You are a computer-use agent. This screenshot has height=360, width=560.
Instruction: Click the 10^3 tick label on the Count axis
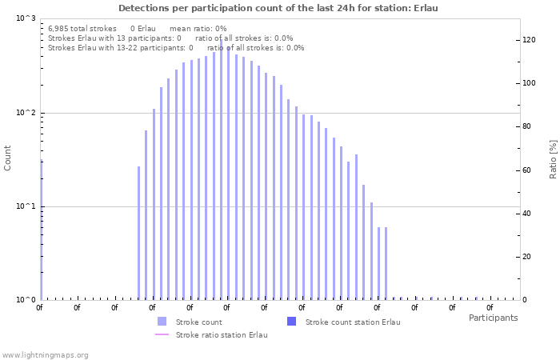[26, 18]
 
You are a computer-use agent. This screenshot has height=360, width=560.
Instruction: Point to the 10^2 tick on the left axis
[26, 113]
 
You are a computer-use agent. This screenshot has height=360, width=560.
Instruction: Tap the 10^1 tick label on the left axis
[26, 206]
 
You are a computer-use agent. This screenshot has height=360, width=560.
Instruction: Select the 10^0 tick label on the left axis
[26, 300]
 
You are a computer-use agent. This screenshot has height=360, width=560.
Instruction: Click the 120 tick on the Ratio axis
[530, 39]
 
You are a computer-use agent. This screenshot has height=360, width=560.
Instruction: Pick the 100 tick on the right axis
[530, 83]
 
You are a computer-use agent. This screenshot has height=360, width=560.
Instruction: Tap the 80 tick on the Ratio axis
[528, 126]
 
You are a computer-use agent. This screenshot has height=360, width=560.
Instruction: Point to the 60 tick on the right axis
[528, 170]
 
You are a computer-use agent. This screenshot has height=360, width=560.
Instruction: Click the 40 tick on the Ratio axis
[528, 213]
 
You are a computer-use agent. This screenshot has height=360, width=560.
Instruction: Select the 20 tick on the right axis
[528, 257]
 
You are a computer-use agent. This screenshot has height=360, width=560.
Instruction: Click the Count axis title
[8, 158]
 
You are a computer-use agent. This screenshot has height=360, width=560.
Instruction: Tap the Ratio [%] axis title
[553, 158]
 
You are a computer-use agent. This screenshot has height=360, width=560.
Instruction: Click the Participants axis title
[493, 318]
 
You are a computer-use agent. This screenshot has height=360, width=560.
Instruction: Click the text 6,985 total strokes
[82, 28]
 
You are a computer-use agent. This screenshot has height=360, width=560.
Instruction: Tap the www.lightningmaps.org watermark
[46, 354]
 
